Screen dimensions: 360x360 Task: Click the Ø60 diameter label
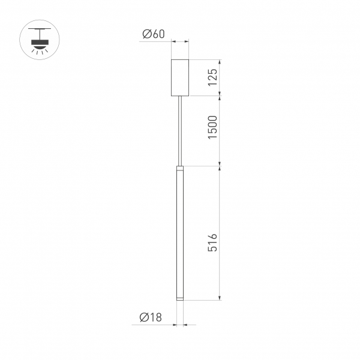tap(154, 34)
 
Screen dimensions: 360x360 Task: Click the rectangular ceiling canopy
tap(180, 77)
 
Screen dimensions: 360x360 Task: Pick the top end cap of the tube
tap(180, 168)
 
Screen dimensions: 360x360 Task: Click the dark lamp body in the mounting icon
tap(40, 43)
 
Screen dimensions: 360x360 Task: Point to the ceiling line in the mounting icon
tap(40, 29)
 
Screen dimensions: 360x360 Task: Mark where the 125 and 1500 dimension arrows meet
tap(221, 95)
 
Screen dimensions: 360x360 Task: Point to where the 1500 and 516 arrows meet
tap(221, 166)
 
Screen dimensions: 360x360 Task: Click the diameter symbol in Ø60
tap(146, 34)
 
